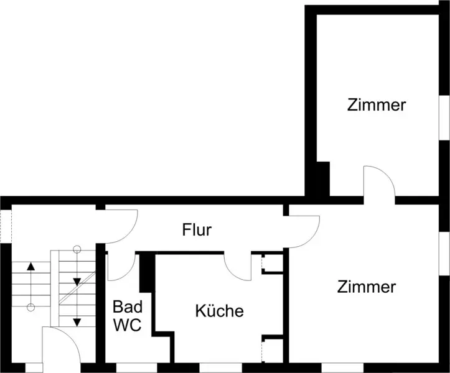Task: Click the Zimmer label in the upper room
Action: click(x=377, y=105)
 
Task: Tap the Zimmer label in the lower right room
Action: click(x=367, y=287)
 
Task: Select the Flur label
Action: click(x=197, y=230)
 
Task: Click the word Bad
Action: click(x=128, y=306)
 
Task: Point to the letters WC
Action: click(x=128, y=325)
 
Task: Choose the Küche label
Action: click(x=219, y=311)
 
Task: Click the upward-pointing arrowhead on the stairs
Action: click(x=30, y=267)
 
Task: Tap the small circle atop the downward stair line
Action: click(x=77, y=250)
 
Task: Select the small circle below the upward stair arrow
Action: click(x=30, y=307)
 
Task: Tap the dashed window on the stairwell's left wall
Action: click(x=5, y=224)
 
